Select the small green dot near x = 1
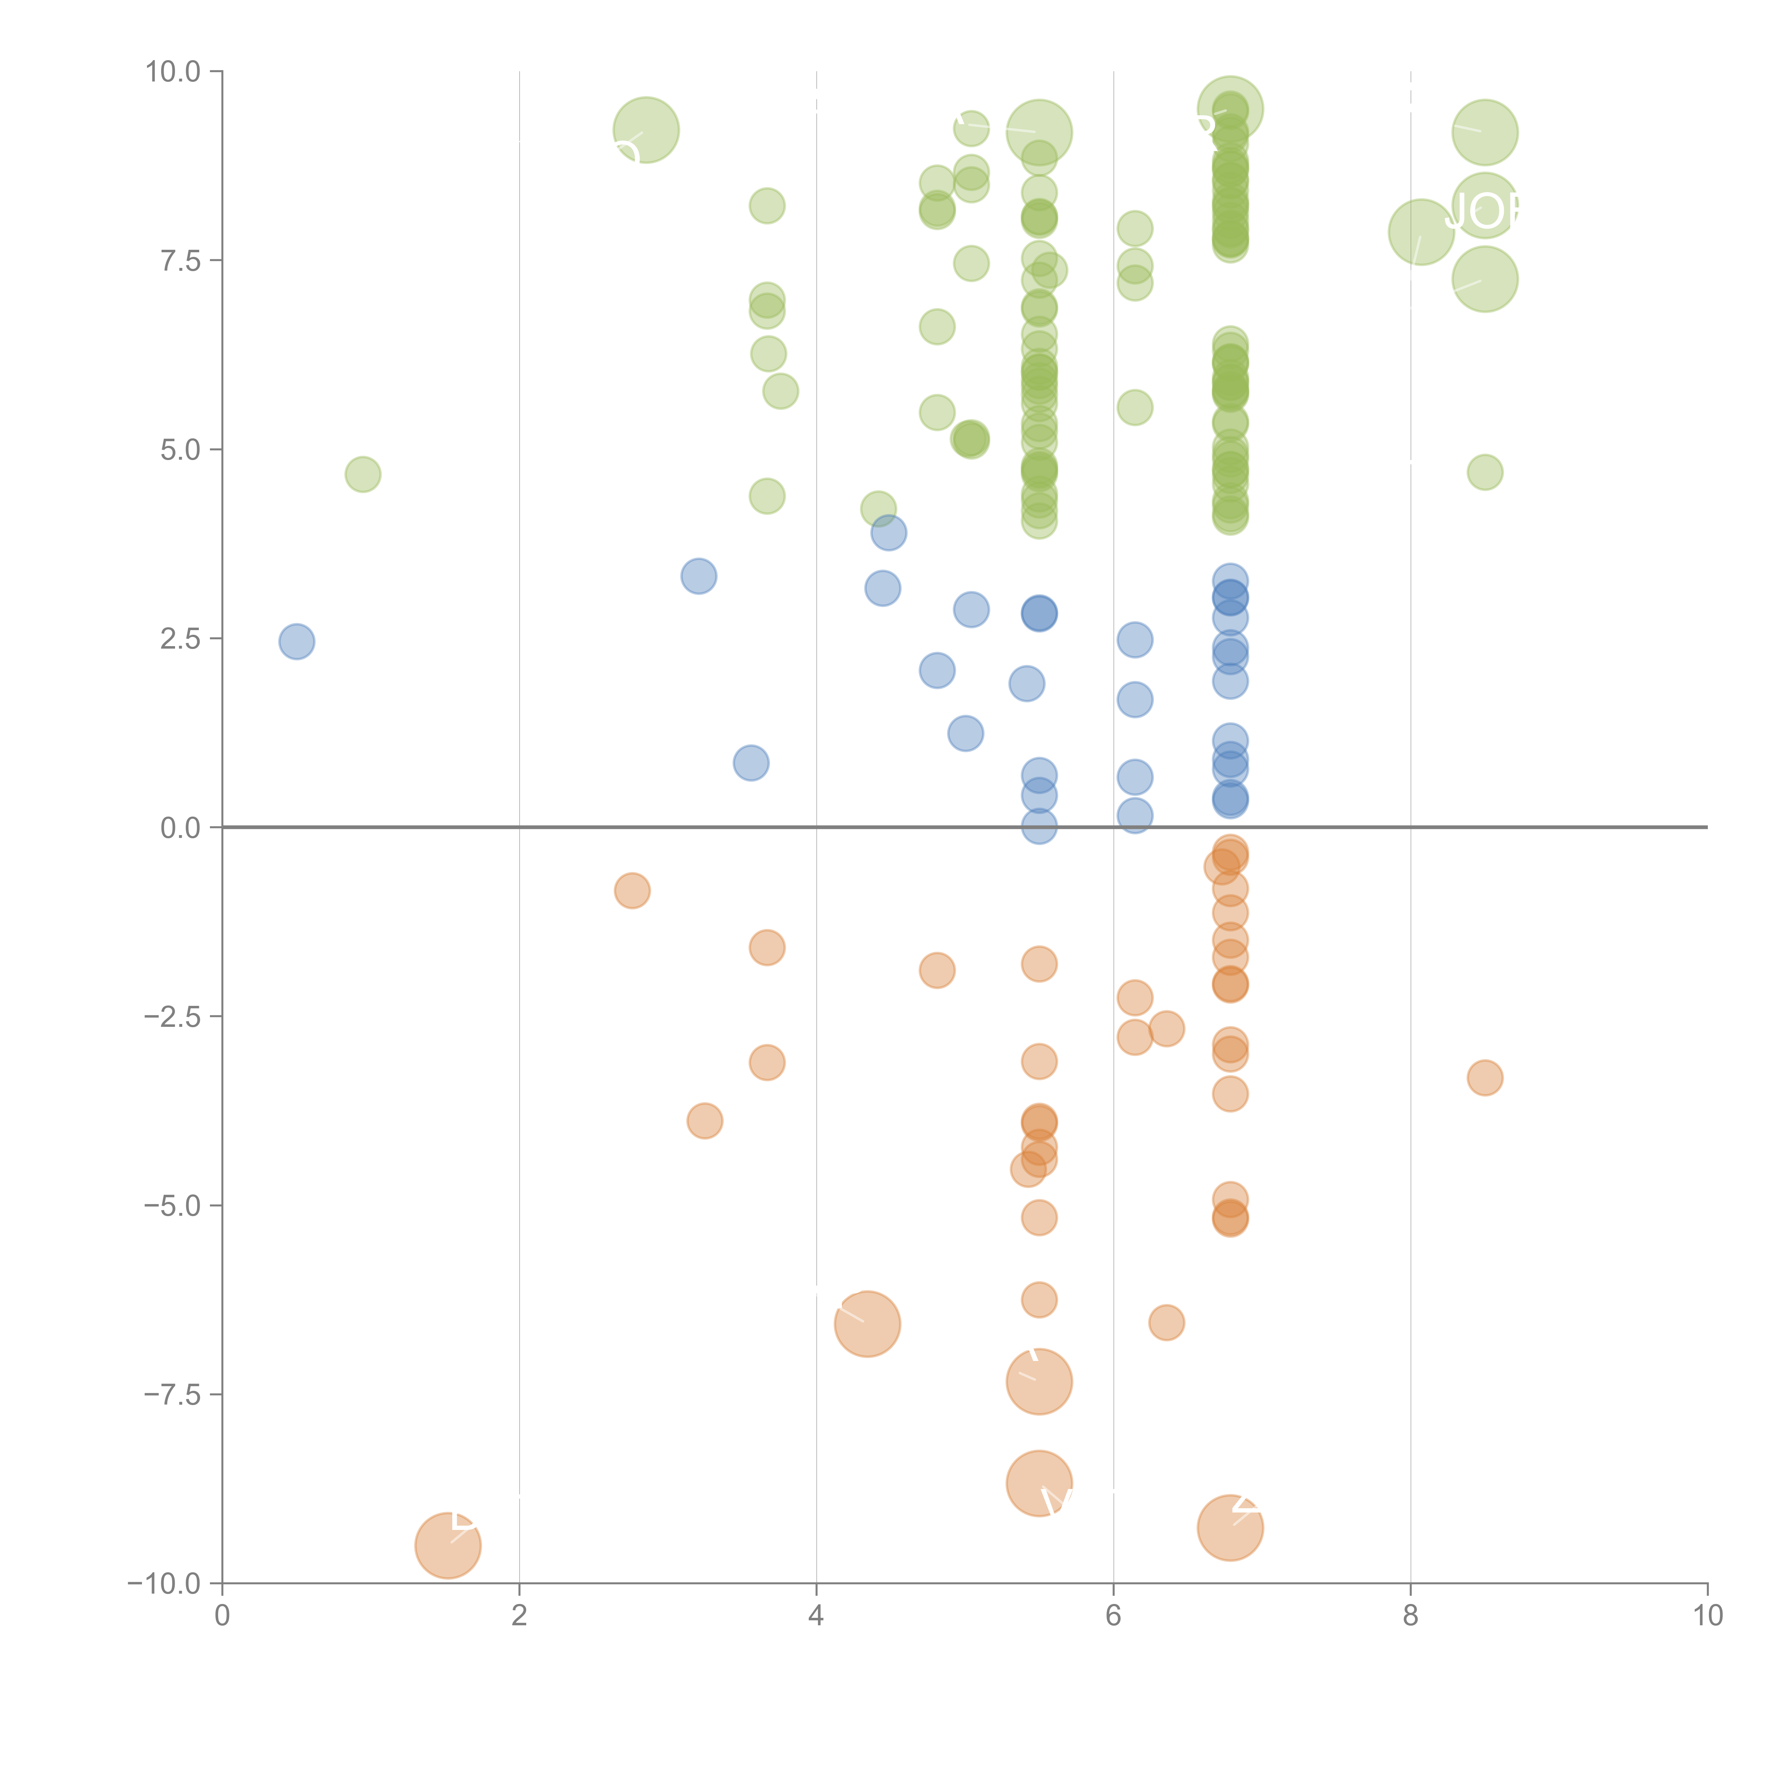(363, 474)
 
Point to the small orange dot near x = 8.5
(1484, 1077)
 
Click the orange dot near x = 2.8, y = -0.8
(632, 891)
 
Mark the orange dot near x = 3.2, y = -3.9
(704, 1121)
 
